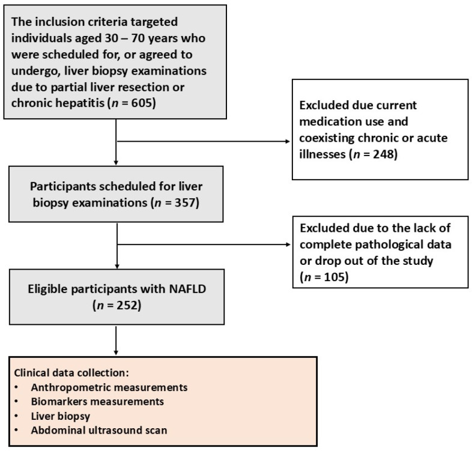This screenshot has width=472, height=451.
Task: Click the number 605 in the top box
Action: [x=142, y=103]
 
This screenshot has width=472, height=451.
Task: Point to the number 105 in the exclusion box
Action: [x=334, y=277]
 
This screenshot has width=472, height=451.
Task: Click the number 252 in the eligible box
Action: [x=127, y=305]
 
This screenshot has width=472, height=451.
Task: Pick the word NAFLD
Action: [x=187, y=289]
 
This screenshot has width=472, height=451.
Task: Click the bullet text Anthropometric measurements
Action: [x=109, y=387]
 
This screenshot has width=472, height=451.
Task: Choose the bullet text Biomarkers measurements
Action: [x=97, y=402]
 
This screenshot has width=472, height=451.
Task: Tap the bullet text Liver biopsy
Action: [x=61, y=416]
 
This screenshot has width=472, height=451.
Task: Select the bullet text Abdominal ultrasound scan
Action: [x=98, y=430]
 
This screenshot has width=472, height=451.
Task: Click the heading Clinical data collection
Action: [x=71, y=373]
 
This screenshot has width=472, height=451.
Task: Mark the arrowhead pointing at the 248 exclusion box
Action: [x=288, y=142]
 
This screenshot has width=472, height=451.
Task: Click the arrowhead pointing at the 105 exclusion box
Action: [x=288, y=244]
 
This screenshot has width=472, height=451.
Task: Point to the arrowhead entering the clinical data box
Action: [x=116, y=353]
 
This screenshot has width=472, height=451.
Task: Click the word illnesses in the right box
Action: [x=322, y=154]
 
